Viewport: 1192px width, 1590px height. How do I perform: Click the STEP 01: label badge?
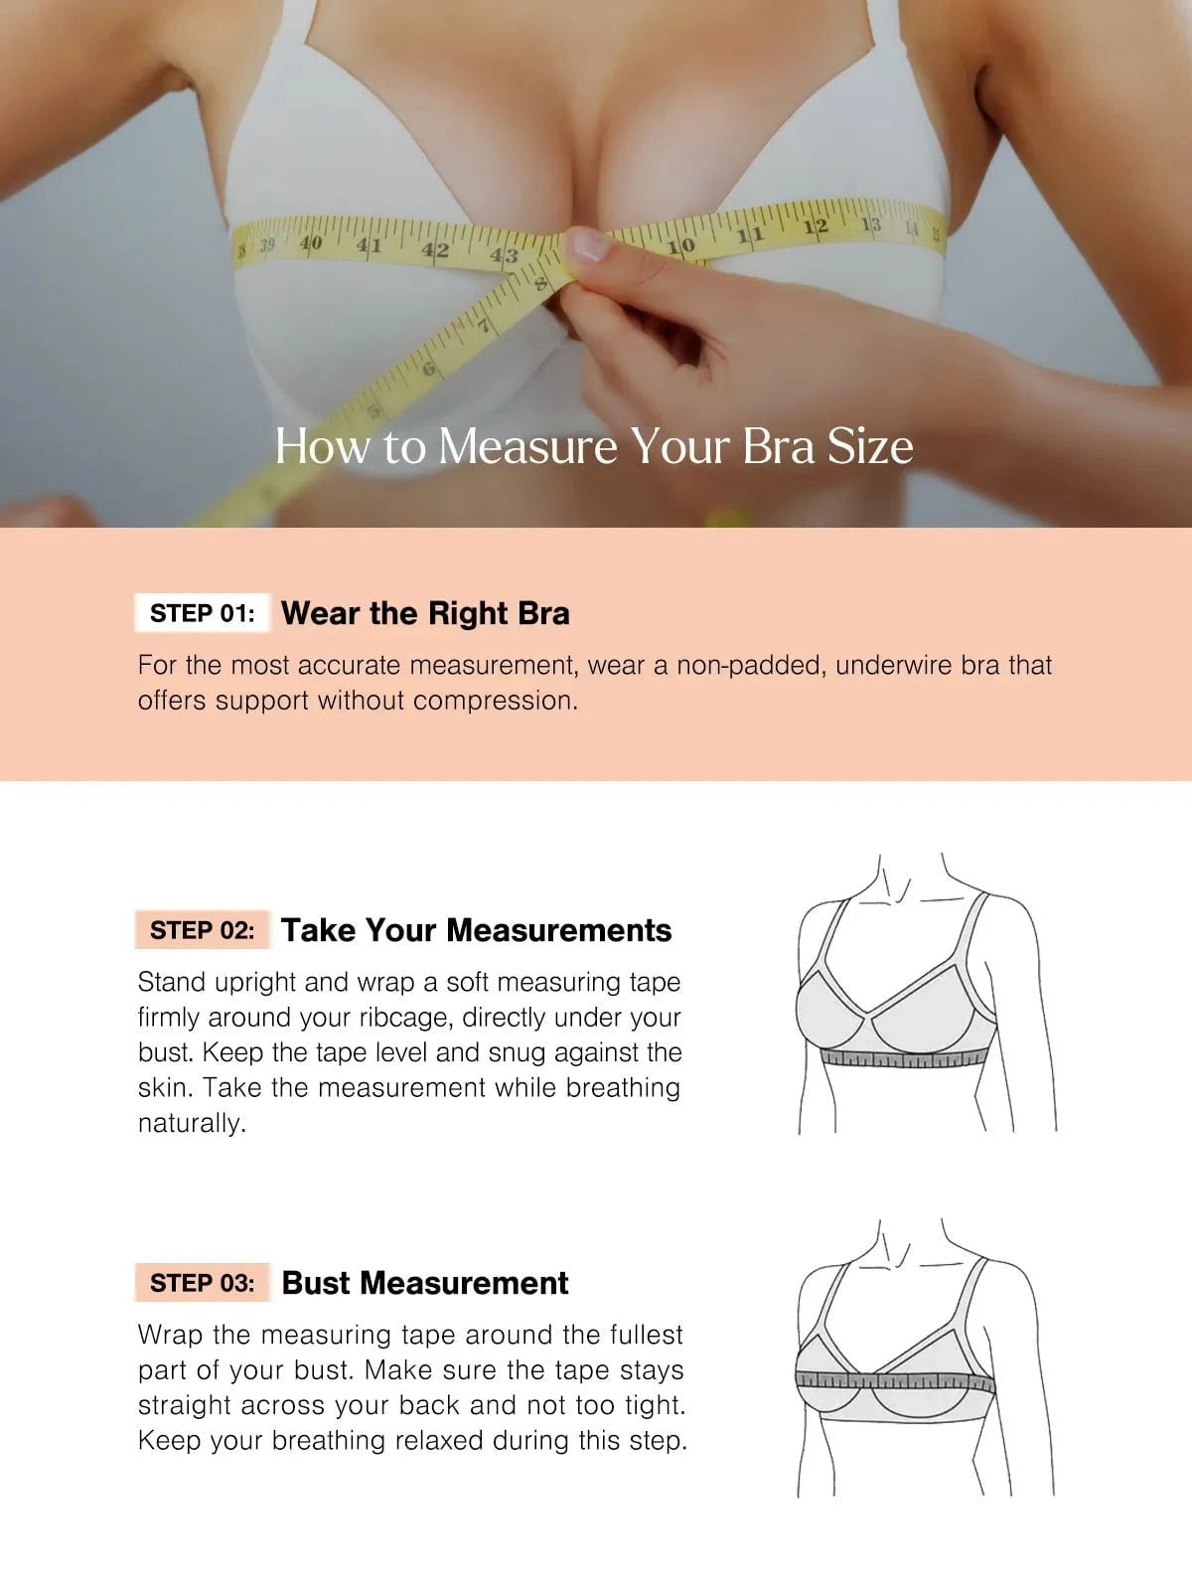pyautogui.click(x=203, y=613)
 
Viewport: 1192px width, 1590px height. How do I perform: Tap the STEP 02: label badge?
pyautogui.click(x=203, y=930)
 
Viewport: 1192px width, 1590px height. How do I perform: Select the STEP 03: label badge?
pyautogui.click(x=203, y=1283)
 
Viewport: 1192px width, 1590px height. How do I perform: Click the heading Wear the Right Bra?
pyautogui.click(x=425, y=613)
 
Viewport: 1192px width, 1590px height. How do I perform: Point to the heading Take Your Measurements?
pyautogui.click(x=476, y=930)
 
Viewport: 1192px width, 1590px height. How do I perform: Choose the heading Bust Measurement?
pyautogui.click(x=425, y=1283)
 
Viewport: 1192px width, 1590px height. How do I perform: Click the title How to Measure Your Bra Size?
pyautogui.click(x=594, y=446)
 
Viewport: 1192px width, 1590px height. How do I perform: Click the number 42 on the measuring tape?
pyautogui.click(x=435, y=250)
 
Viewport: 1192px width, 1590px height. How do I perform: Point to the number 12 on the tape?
pyautogui.click(x=816, y=227)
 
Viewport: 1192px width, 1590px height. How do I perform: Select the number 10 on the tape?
pyautogui.click(x=681, y=246)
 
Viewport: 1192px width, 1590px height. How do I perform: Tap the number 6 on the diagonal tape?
pyautogui.click(x=428, y=369)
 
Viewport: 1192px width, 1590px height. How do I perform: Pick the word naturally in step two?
pyautogui.click(x=192, y=1124)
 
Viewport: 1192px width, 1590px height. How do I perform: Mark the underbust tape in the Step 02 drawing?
pyautogui.click(x=905, y=1058)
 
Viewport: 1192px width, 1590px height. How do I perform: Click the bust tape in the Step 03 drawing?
pyautogui.click(x=895, y=1380)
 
